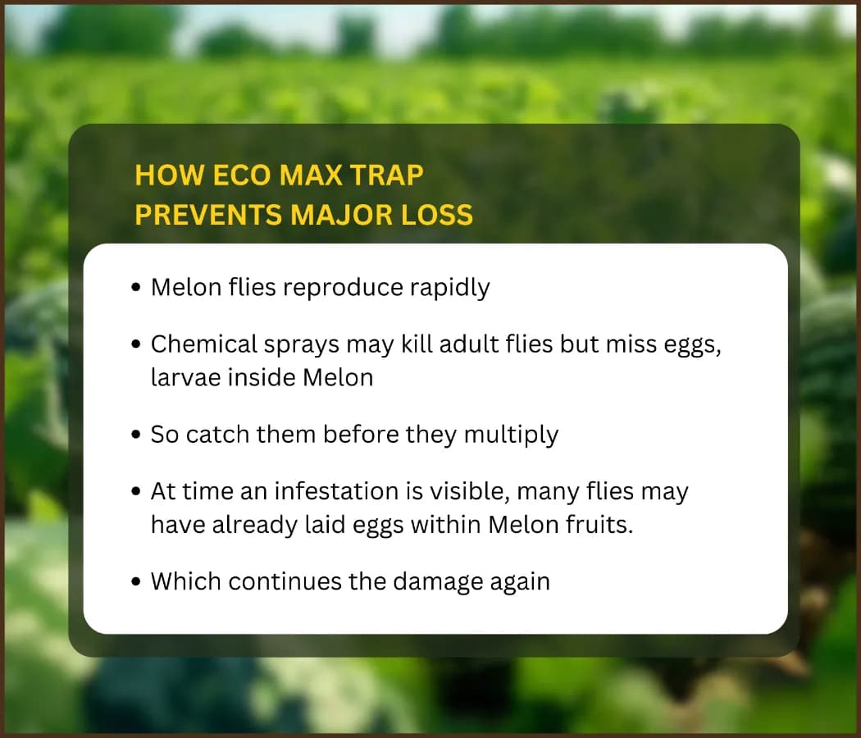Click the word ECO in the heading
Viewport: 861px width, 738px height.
(x=241, y=175)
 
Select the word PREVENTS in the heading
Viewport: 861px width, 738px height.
(x=208, y=214)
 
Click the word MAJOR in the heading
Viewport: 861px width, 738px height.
(x=342, y=214)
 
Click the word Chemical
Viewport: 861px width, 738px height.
(x=203, y=344)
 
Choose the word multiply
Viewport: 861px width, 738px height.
(x=511, y=435)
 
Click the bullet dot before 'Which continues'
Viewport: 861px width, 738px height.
(x=137, y=581)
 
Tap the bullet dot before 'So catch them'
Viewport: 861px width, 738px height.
(x=137, y=435)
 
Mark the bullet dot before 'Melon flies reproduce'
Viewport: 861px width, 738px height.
(x=137, y=287)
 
